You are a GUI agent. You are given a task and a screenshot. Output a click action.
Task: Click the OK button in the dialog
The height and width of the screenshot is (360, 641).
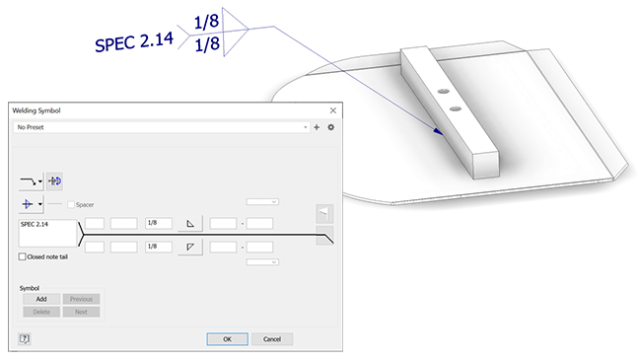tap(227, 339)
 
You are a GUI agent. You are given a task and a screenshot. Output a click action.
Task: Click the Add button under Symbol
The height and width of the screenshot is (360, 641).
tap(41, 299)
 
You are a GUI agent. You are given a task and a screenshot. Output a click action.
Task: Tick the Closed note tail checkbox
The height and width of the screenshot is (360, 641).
tap(22, 256)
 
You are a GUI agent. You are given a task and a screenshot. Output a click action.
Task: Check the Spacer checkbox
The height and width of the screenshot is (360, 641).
tap(71, 204)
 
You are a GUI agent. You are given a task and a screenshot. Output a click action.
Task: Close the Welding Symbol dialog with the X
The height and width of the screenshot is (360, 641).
tap(333, 110)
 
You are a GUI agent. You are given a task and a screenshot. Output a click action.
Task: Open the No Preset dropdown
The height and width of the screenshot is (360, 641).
tap(162, 127)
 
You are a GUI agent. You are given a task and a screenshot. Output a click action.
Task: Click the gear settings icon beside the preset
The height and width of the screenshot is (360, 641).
tap(331, 127)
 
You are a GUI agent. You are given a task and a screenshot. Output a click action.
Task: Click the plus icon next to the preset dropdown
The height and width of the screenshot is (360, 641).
tap(317, 127)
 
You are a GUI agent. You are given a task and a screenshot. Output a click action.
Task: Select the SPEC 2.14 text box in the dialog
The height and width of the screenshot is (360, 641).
tap(48, 233)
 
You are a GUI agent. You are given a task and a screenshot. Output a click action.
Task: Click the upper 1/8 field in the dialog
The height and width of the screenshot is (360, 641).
tap(159, 223)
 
